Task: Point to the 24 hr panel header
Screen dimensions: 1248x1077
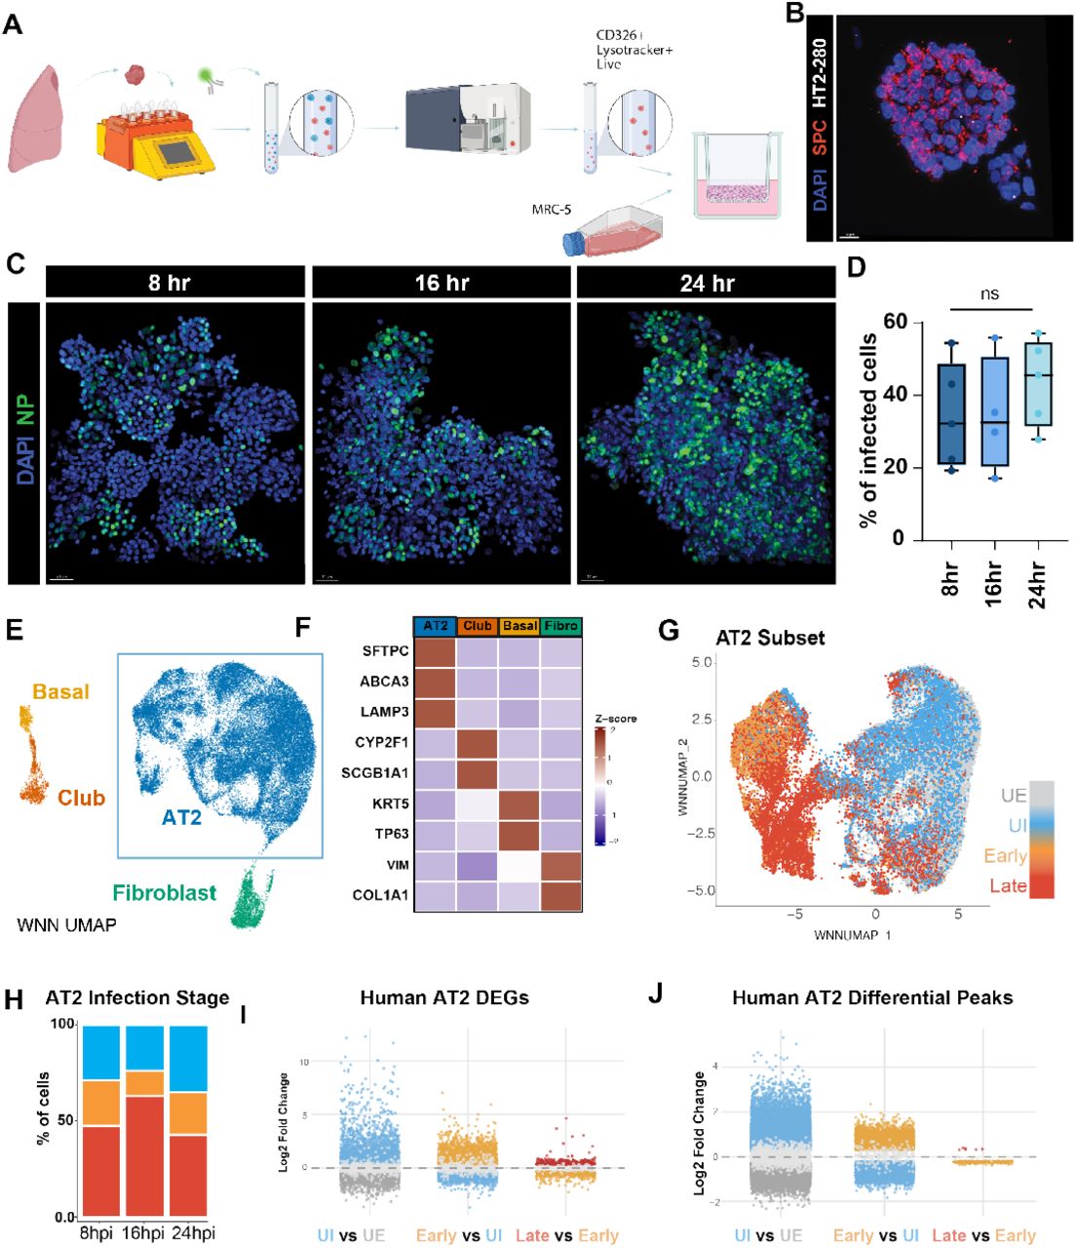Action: [x=707, y=283]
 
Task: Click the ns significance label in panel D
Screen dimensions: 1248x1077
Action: [x=989, y=293]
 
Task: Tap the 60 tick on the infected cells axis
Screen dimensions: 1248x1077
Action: [x=895, y=322]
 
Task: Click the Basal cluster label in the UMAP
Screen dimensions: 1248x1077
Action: [x=60, y=691]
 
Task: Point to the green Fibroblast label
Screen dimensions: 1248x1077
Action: [x=164, y=892]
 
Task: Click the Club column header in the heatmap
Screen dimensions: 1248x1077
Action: [x=478, y=626]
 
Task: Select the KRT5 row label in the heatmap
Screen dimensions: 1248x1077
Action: [x=388, y=803]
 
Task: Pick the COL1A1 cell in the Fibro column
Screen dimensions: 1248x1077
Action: [x=561, y=895]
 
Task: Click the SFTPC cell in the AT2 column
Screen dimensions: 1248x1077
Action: [x=435, y=650]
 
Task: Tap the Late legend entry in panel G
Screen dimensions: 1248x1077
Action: [x=1008, y=885]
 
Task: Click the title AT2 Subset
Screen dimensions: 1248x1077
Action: [x=770, y=638]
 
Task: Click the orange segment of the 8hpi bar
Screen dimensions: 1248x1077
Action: [x=100, y=1103]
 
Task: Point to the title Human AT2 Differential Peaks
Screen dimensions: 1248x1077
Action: [x=872, y=997]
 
